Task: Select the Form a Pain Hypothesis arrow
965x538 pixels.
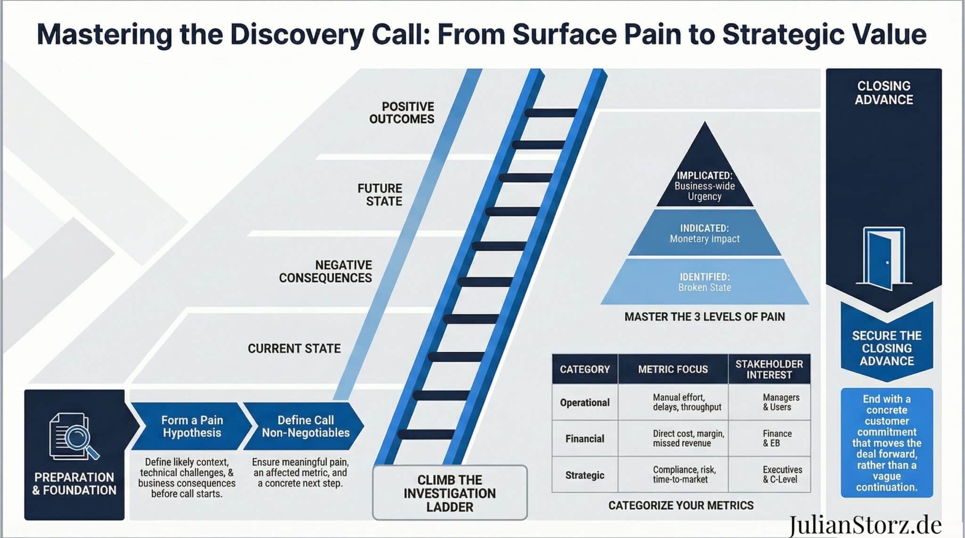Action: click(191, 426)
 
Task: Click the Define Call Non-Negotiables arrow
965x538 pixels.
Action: click(305, 426)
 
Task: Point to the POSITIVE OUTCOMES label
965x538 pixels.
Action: click(402, 113)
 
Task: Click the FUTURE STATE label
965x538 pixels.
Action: click(380, 195)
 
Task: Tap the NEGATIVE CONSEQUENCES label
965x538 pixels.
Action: click(326, 272)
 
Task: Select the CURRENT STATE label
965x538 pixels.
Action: click(294, 349)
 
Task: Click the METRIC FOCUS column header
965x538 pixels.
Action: click(673, 369)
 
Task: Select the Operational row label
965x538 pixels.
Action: click(585, 403)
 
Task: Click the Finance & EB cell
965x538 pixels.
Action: click(777, 439)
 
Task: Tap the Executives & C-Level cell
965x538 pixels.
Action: click(782, 474)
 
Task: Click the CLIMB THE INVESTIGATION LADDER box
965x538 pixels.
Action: click(450, 493)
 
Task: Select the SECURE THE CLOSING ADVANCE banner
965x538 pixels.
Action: click(887, 348)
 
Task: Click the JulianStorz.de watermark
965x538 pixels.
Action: click(865, 525)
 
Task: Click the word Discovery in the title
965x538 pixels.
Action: click(297, 35)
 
